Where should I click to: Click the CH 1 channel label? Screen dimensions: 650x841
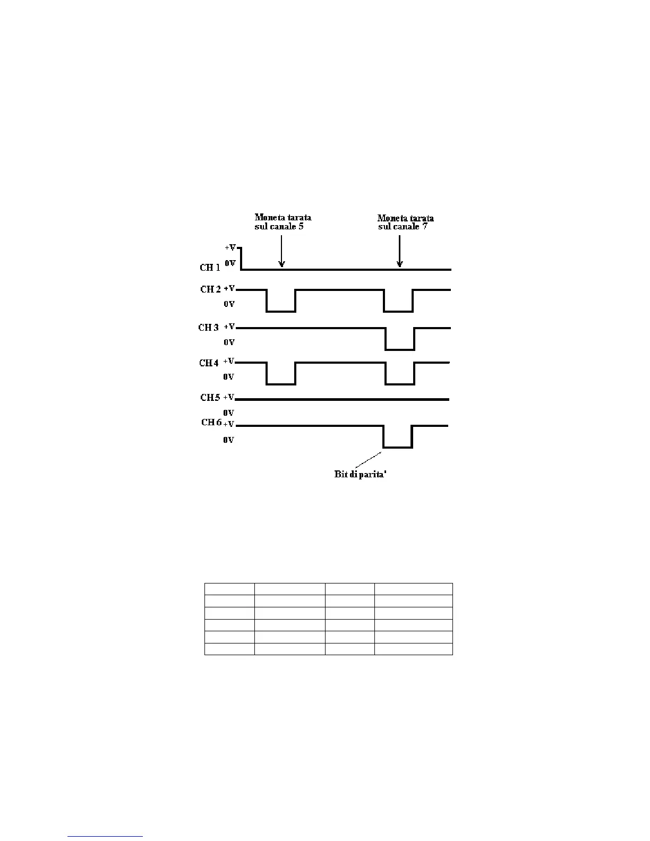pyautogui.click(x=210, y=268)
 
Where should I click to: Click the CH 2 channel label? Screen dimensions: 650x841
pyautogui.click(x=210, y=289)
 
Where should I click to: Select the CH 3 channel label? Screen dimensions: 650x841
pyautogui.click(x=208, y=328)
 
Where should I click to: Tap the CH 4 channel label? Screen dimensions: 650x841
pyautogui.click(x=209, y=363)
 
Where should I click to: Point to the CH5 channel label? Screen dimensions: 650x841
pyautogui.click(x=210, y=398)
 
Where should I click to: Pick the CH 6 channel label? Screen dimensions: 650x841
pyautogui.click(x=211, y=423)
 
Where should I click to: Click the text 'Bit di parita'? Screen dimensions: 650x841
pyautogui.click(x=361, y=474)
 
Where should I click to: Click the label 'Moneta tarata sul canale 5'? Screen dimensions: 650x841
pyautogui.click(x=283, y=222)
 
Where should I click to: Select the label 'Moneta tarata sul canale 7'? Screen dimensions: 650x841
pyautogui.click(x=405, y=222)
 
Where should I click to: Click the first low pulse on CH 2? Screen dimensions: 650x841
pyautogui.click(x=281, y=311)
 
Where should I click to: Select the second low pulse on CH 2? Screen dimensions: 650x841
pyautogui.click(x=398, y=311)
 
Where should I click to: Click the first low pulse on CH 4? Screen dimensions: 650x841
pyautogui.click(x=281, y=383)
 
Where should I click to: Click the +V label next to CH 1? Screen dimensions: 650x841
pyautogui.click(x=230, y=248)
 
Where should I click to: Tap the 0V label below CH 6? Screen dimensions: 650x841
pyautogui.click(x=228, y=440)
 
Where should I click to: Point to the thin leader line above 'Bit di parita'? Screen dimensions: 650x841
pyautogui.click(x=368, y=460)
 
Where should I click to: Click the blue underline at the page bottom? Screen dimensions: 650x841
pyautogui.click(x=105, y=837)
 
